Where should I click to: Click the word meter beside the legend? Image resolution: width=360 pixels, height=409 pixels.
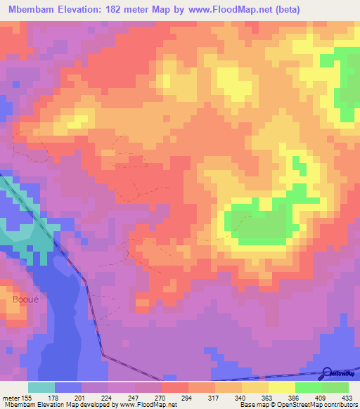[x=11, y=397]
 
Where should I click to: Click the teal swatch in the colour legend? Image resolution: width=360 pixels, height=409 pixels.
[x=41, y=387]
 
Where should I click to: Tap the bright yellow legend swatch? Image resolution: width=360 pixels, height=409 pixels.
[x=282, y=387]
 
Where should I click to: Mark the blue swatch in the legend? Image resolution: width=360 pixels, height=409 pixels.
[x=68, y=387]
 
